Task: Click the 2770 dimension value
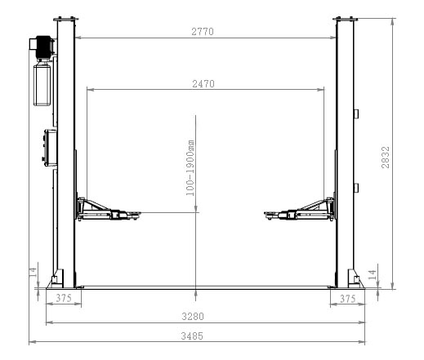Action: (203, 32)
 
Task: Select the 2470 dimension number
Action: (203, 84)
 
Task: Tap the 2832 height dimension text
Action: (386, 158)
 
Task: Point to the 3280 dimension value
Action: (193, 317)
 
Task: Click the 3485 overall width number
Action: (192, 336)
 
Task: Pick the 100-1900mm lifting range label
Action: (190, 168)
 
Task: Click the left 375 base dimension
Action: (64, 298)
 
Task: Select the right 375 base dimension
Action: (348, 299)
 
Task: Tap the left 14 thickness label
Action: (33, 272)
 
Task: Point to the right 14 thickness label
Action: (372, 275)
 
